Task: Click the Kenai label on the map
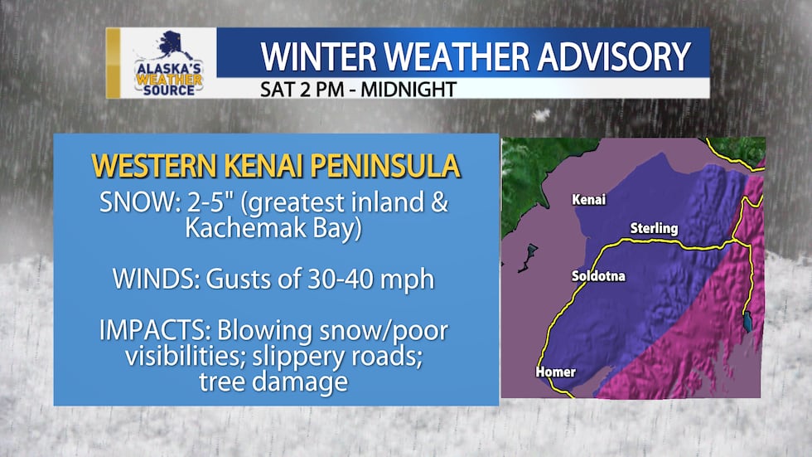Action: (588, 200)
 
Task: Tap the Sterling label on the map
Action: (654, 228)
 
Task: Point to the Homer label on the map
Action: (555, 372)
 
